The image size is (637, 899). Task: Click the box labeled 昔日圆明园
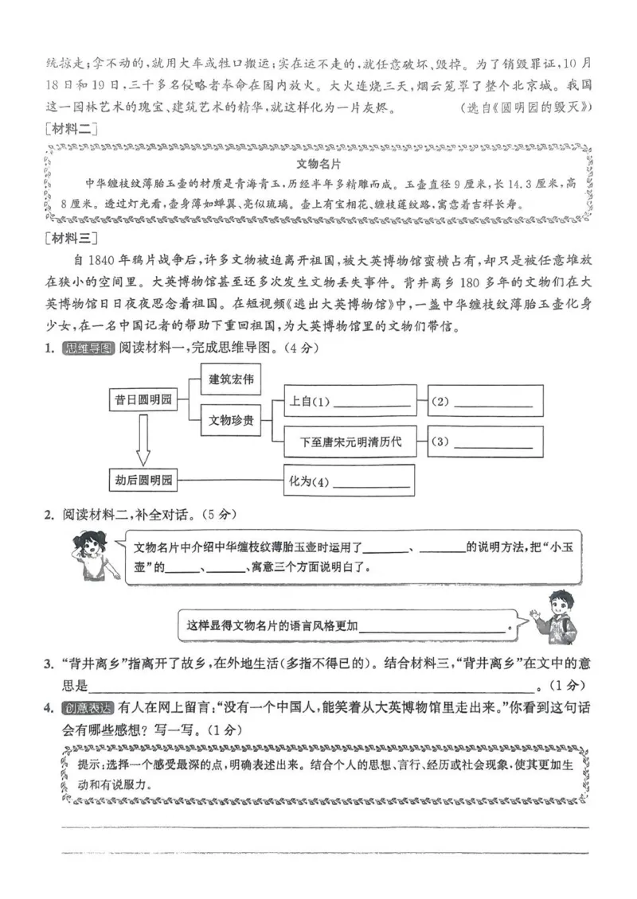click(143, 400)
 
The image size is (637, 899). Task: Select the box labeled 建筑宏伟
click(231, 380)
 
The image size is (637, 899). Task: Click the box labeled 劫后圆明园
click(143, 481)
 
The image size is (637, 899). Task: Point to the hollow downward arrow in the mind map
click(143, 442)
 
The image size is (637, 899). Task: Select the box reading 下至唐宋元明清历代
click(350, 442)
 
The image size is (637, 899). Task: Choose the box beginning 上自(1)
click(350, 402)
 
